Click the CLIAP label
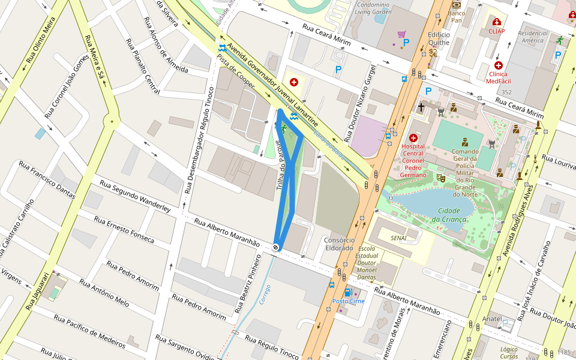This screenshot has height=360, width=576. [496, 31]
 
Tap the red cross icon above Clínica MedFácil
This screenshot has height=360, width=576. [498, 65]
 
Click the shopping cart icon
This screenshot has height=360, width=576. [401, 35]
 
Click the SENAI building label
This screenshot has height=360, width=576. [398, 238]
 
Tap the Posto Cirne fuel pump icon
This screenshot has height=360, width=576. [348, 293]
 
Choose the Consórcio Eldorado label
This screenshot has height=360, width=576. [338, 244]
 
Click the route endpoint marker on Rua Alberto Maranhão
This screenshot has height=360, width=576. [275, 247]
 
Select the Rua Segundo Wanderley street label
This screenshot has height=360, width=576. [135, 196]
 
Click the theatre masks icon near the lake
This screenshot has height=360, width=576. [440, 178]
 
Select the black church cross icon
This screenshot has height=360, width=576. [421, 108]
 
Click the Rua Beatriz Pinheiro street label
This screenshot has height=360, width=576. [248, 284]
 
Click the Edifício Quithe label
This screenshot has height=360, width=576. [439, 38]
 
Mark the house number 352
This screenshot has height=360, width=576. [506, 92]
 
